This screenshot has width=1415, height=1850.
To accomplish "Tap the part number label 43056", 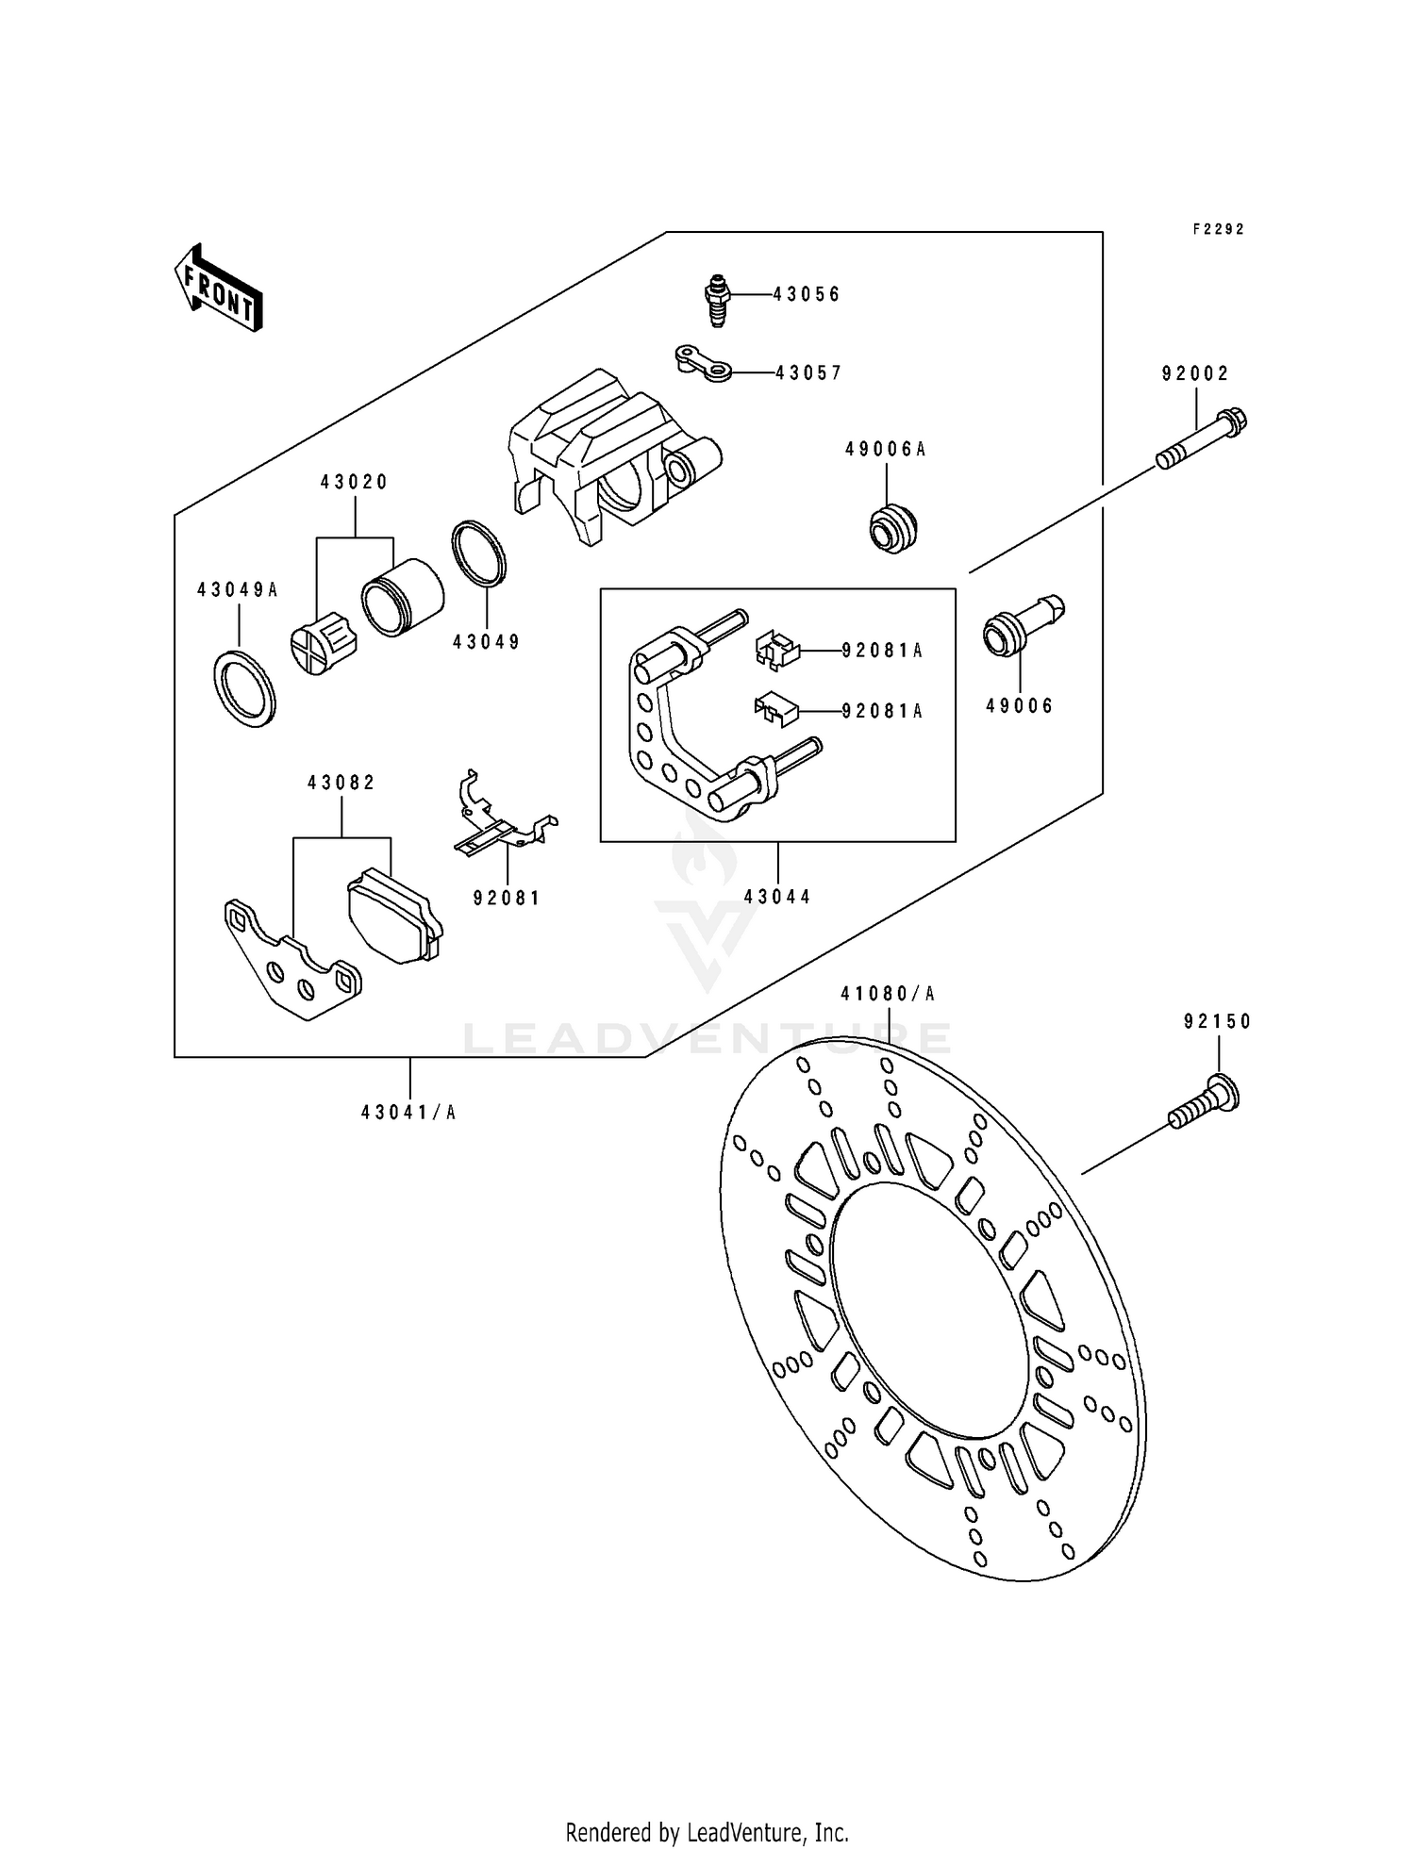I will (x=807, y=294).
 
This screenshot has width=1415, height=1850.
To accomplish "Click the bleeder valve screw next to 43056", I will (x=718, y=300).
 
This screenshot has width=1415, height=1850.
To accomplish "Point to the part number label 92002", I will (x=1195, y=374).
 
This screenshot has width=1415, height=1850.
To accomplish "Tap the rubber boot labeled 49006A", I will (x=892, y=528).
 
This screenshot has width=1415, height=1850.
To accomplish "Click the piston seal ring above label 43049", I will (x=479, y=553).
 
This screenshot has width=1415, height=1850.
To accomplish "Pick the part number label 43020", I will (x=354, y=483).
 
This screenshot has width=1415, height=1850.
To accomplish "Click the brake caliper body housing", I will (x=604, y=453).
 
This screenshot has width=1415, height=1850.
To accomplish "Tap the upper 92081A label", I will (x=882, y=651).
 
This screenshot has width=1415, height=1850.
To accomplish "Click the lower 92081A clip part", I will (x=775, y=710).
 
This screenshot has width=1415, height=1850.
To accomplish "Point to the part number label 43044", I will (x=777, y=897).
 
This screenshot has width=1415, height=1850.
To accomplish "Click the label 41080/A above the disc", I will (x=887, y=994).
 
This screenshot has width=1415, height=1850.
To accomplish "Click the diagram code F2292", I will (x=1218, y=229).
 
